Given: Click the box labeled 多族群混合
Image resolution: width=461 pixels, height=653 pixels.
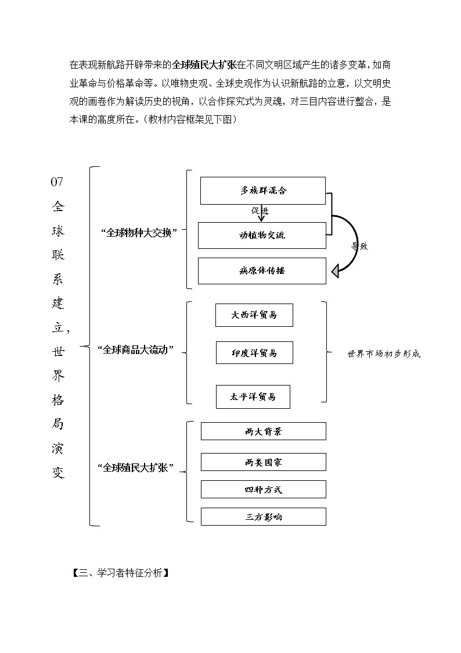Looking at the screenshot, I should click(x=262, y=191).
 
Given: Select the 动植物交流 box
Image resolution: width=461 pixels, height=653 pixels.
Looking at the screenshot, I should click(x=262, y=235).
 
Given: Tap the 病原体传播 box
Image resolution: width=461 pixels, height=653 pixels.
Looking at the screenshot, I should click(x=262, y=271).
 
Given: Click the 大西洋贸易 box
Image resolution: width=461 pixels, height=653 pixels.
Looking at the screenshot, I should click(x=254, y=315).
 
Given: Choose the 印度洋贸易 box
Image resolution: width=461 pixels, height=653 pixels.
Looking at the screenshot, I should click(x=254, y=353).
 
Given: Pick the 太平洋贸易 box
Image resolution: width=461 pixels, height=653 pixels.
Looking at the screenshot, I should click(x=253, y=397).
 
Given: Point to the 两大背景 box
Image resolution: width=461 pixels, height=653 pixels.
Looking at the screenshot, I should click(x=263, y=431).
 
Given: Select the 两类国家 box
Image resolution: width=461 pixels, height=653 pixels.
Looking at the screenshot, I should click(x=263, y=462).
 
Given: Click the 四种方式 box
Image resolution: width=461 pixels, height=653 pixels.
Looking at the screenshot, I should click(x=263, y=490).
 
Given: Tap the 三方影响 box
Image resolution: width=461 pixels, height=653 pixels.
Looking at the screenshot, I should click(x=263, y=516).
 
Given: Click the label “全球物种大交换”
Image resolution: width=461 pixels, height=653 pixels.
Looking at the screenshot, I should click(x=139, y=231).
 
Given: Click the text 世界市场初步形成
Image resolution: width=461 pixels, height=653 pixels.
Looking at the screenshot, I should click(x=384, y=354).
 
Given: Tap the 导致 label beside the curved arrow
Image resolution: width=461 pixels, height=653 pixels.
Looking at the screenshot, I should click(x=359, y=246).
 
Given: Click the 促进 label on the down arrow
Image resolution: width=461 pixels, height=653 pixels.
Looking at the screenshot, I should click(x=260, y=211).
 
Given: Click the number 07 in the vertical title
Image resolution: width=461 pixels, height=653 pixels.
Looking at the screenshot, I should click(x=57, y=182).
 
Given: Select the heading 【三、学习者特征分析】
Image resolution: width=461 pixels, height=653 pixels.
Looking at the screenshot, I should click(x=120, y=573).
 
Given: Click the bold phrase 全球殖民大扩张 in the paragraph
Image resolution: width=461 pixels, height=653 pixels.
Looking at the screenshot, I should click(x=204, y=65).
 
